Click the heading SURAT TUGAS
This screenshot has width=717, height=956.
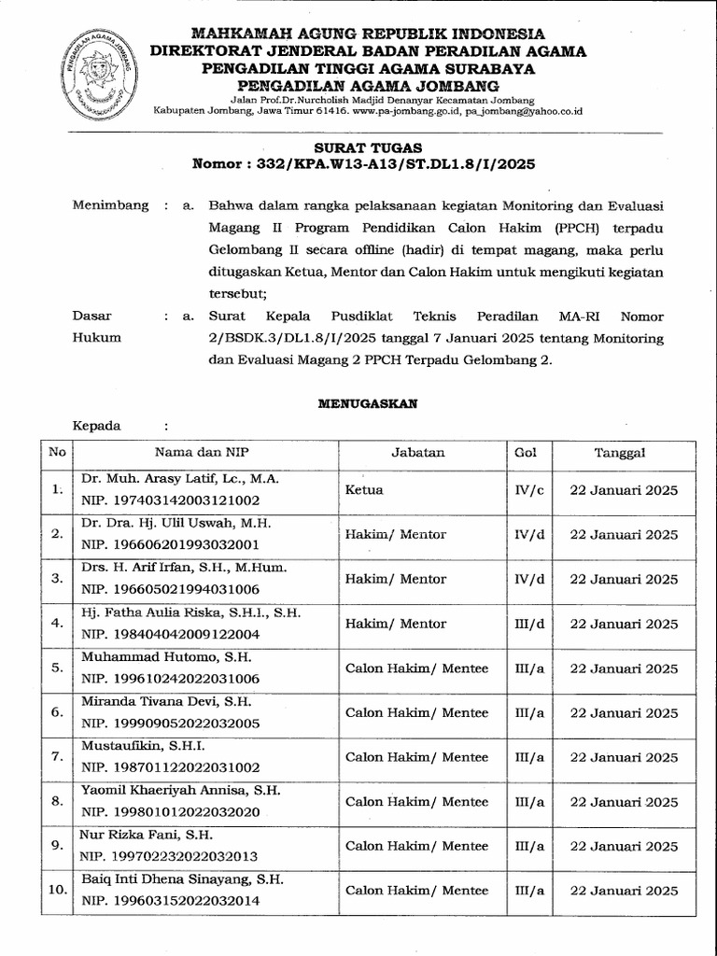click(x=367, y=148)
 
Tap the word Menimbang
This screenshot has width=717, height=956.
click(x=111, y=205)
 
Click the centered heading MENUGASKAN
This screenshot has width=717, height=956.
click(x=367, y=403)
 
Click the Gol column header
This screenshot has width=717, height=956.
click(x=526, y=453)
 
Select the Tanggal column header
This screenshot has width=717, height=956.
click(x=620, y=453)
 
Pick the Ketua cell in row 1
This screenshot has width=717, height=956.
click(x=364, y=488)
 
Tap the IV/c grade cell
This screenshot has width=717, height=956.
click(x=528, y=489)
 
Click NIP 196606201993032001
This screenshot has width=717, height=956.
click(x=170, y=544)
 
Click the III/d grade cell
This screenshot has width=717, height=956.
click(x=528, y=624)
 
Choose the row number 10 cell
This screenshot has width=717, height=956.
click(x=57, y=891)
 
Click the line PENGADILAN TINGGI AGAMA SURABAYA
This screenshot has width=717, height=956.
click(x=371, y=67)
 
